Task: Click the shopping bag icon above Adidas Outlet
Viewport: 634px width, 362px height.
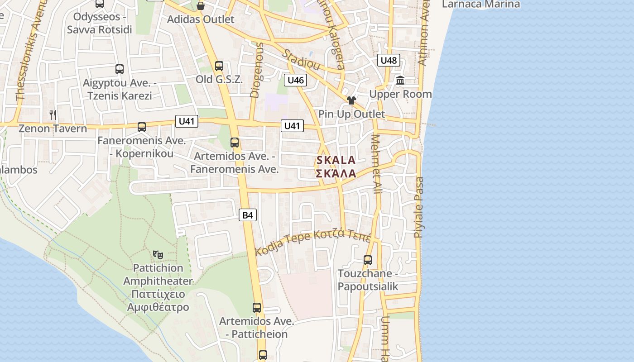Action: tap(200, 6)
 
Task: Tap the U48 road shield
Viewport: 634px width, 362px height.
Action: tap(389, 60)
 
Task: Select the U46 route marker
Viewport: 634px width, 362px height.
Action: tap(296, 81)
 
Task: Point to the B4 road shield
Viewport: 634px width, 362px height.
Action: tap(248, 215)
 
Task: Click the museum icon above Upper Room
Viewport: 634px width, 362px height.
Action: tap(400, 81)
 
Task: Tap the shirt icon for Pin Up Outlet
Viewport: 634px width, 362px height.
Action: tap(351, 100)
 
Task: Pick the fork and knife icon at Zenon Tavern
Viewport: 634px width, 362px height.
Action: tap(53, 115)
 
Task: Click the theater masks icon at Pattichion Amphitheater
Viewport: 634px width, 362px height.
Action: tap(158, 255)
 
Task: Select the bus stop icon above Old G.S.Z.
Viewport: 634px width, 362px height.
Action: tap(219, 66)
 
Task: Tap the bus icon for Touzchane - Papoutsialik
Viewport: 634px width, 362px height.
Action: tap(368, 260)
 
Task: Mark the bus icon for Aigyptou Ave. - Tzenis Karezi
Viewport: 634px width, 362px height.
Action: tap(120, 69)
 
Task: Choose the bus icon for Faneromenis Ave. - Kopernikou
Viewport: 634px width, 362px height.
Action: tap(142, 127)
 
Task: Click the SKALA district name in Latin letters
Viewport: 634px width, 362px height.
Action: tap(336, 160)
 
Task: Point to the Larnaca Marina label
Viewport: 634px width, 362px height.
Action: tap(481, 5)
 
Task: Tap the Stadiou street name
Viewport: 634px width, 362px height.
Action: tap(301, 60)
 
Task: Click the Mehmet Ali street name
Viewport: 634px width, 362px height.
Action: tap(377, 164)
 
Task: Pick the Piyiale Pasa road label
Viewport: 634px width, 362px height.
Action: tap(419, 207)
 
